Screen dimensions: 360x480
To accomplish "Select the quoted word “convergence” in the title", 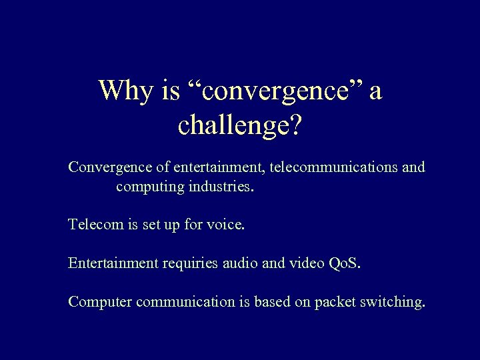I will (x=263, y=91).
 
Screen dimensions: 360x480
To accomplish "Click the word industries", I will (x=221, y=187).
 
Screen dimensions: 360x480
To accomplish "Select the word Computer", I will (x=100, y=301).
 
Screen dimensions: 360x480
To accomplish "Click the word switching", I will (x=392, y=301).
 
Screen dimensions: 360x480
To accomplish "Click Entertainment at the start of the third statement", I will (x=110, y=263).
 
